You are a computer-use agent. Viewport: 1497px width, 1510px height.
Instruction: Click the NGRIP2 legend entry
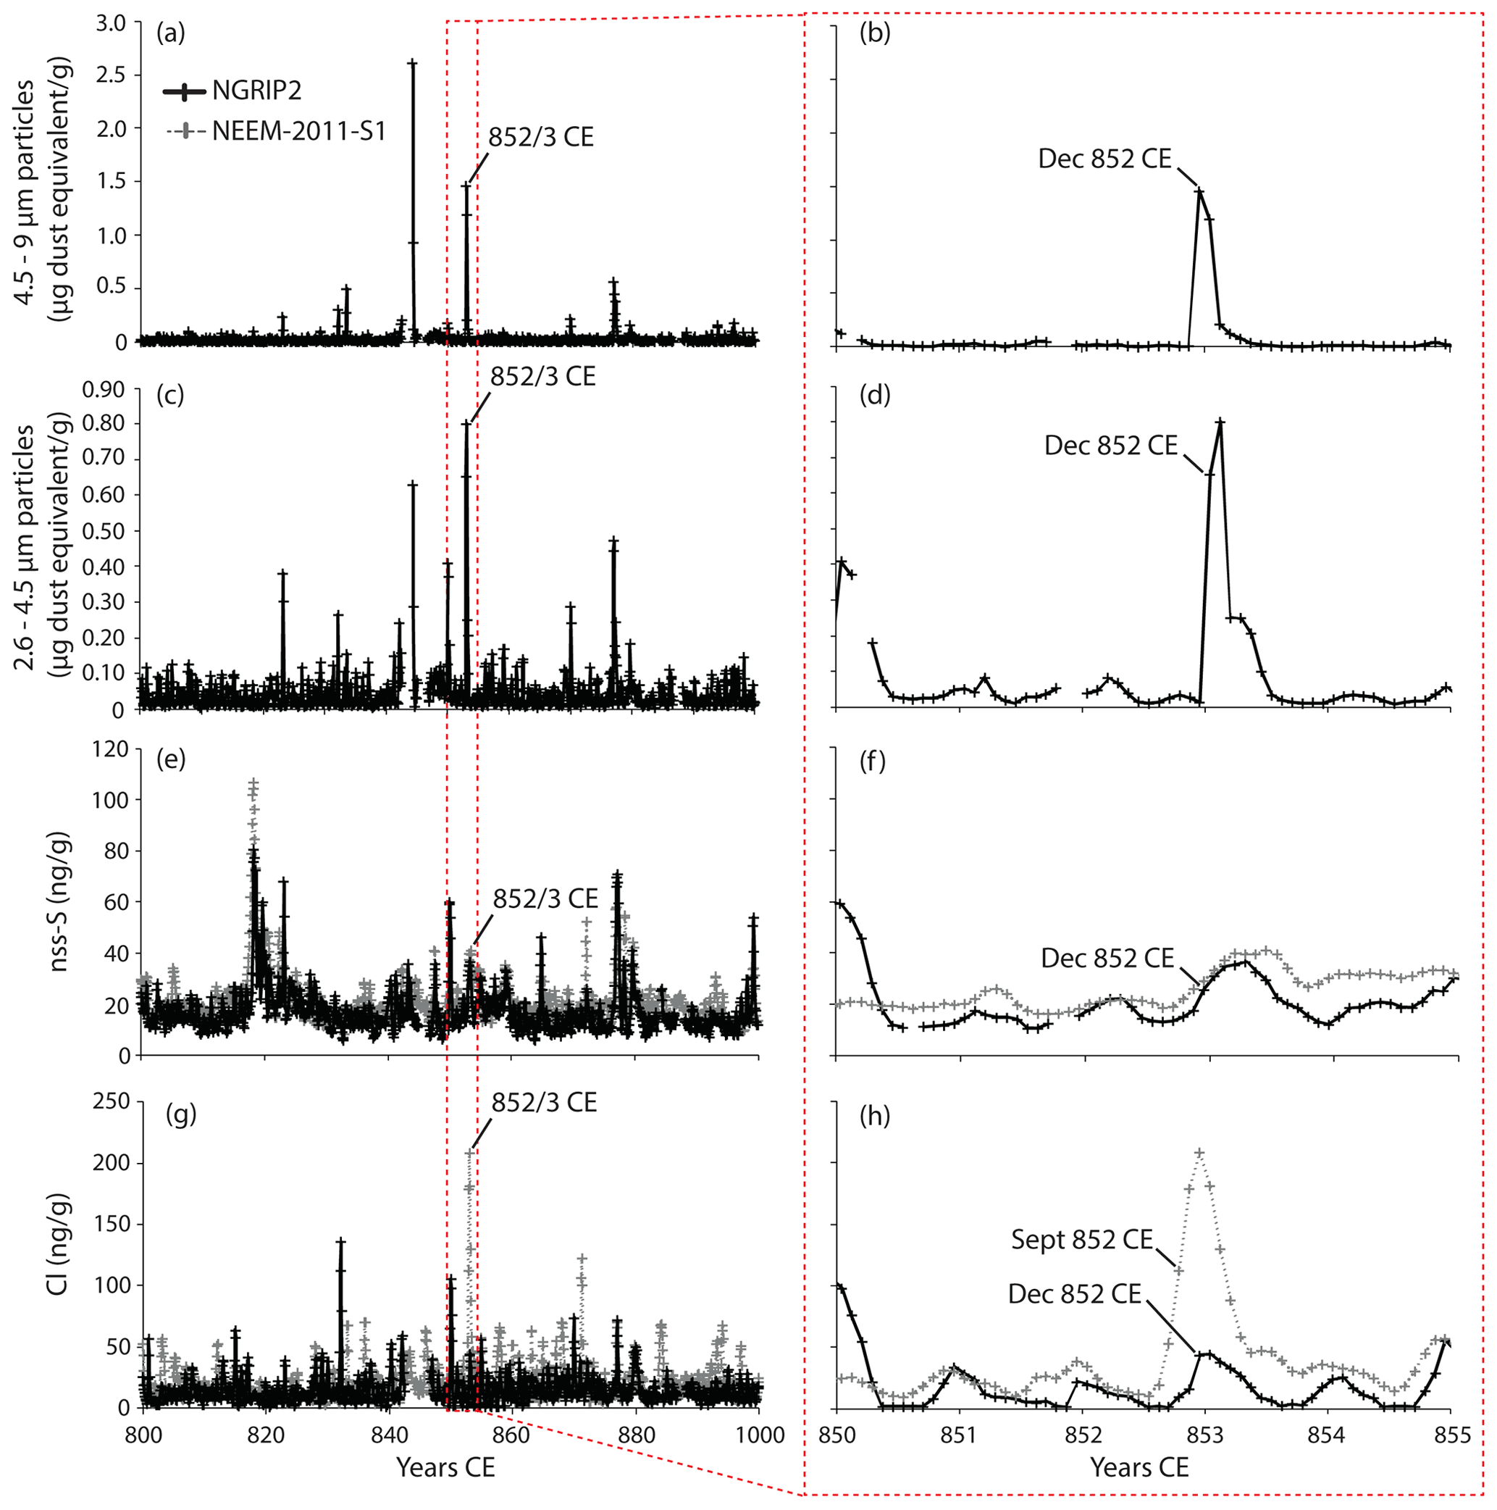[x=256, y=91]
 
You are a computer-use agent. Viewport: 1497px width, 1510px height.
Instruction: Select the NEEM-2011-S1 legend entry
[x=298, y=130]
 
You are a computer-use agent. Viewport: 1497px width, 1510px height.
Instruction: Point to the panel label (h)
[x=874, y=1116]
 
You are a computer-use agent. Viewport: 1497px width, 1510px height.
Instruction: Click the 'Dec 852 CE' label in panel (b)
[x=1104, y=159]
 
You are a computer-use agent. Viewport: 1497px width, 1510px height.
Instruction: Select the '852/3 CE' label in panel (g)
[x=544, y=1102]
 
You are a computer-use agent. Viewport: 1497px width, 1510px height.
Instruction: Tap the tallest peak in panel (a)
[x=412, y=62]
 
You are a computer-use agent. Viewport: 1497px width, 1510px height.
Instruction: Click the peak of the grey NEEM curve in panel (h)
[x=1199, y=1153]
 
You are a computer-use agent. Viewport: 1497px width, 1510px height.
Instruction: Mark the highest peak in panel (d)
[x=1220, y=423]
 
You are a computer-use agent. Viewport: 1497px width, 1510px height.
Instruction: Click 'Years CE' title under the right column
[x=1139, y=1467]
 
